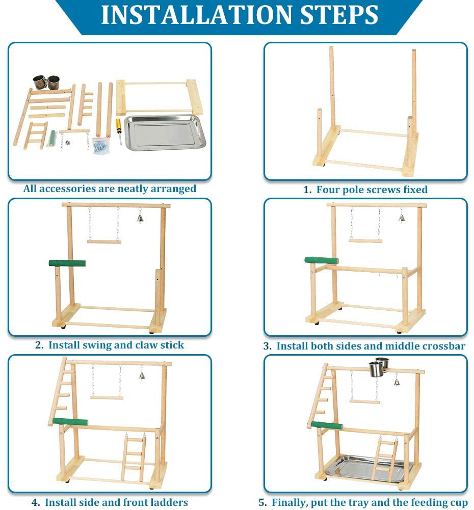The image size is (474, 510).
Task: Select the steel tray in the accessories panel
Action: [x=165, y=132]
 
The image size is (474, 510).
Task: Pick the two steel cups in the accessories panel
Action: [x=46, y=82]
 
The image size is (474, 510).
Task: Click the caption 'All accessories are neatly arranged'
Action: [x=110, y=189]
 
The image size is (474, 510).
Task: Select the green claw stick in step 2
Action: [x=67, y=263]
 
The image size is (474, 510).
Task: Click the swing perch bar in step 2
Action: [x=104, y=241]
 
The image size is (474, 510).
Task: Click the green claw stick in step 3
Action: [x=321, y=260]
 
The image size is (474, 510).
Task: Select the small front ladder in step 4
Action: [x=134, y=457]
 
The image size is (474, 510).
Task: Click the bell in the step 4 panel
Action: [x=142, y=376]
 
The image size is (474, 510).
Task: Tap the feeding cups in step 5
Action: [x=378, y=368]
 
